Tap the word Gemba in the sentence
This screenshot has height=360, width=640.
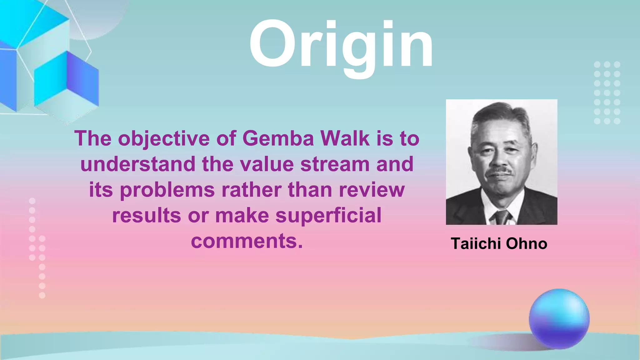coord(278,138)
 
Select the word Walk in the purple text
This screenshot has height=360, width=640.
coord(345,138)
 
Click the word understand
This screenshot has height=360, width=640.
coord(137,164)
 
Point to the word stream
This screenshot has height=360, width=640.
coord(335,164)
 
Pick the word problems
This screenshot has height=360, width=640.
coord(167,190)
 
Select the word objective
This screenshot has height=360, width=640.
coord(164,139)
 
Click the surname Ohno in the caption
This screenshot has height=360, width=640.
coord(527,244)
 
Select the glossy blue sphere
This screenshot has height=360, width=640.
coord(559,319)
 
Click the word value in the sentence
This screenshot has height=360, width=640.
coord(267,164)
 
